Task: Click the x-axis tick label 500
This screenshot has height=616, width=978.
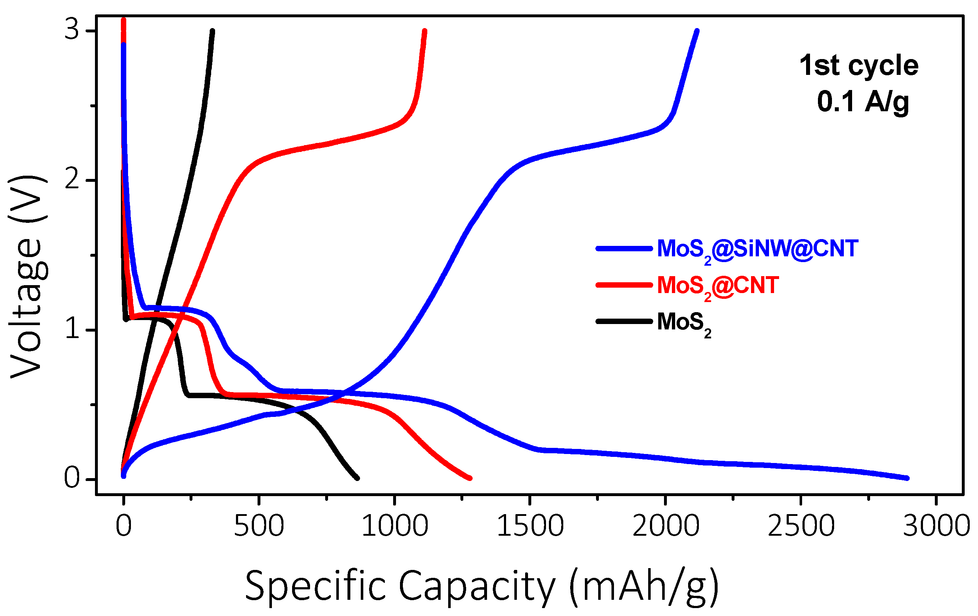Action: [x=259, y=526]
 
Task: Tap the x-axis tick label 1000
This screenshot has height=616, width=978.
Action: [x=394, y=526]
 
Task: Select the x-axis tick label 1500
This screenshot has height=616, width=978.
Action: [x=530, y=526]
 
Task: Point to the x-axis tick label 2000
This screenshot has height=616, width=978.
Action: [x=666, y=526]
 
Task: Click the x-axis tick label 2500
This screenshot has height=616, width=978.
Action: [x=801, y=526]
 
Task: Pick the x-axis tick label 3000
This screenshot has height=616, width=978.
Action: [x=937, y=526]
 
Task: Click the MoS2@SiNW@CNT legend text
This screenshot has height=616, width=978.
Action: [x=757, y=249]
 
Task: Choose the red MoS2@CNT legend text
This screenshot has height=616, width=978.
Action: [x=718, y=286]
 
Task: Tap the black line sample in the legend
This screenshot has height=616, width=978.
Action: [x=624, y=321]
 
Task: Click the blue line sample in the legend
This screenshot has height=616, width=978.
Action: [x=624, y=248]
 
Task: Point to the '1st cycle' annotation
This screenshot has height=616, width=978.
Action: [x=859, y=66]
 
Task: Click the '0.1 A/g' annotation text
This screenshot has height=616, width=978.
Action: [x=863, y=102]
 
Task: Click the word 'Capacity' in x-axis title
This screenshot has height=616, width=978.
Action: [x=477, y=586]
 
